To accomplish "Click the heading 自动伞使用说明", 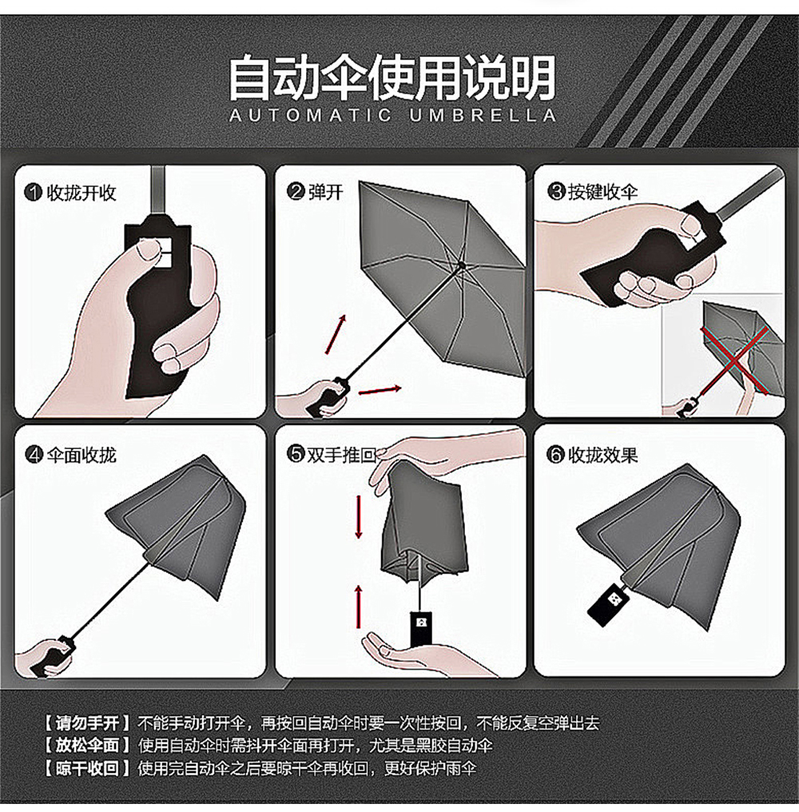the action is [x=392, y=78].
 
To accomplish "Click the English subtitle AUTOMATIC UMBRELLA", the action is [x=392, y=115].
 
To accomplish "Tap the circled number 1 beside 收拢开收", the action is [x=33, y=193].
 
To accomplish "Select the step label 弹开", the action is [x=326, y=192].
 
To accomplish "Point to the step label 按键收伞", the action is [x=602, y=192].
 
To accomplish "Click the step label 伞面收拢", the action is [x=81, y=455].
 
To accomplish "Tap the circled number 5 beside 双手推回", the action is [x=295, y=454].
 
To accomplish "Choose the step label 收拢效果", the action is [x=602, y=455].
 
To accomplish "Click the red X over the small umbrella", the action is [x=735, y=360].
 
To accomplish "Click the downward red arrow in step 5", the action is [x=358, y=516].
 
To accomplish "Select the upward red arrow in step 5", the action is [x=358, y=607].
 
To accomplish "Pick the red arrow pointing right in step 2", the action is [x=380, y=390].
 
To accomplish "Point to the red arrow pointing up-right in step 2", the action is [x=336, y=334].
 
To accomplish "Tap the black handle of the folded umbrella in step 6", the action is [x=609, y=603].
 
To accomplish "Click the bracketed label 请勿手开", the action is [x=87, y=722].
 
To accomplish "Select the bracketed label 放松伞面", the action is [x=87, y=745].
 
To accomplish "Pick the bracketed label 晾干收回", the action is [x=87, y=768].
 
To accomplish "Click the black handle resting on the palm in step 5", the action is [x=421, y=629].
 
